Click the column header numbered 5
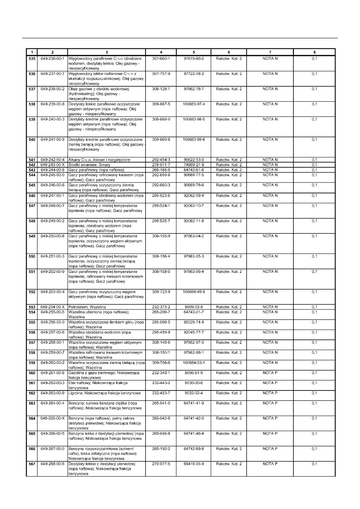pyautogui.click(x=194, y=52)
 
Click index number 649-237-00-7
pyautogui.click(x=52, y=74)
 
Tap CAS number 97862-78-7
pyautogui.click(x=194, y=89)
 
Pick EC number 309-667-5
pyautogui.click(x=161, y=104)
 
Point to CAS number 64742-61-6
pyautogui.click(x=194, y=170)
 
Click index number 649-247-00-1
pyautogui.click(x=52, y=195)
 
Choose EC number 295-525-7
pyautogui.click(x=161, y=221)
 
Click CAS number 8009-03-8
pyautogui.click(x=194, y=307)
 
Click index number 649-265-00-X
pyautogui.click(x=52, y=418)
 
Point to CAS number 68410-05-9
pyautogui.click(x=194, y=464)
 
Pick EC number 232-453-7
pyautogui.click(x=161, y=393)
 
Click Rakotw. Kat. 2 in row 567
pyautogui.click(x=229, y=464)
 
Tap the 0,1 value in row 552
pyautogui.click(x=314, y=291)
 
